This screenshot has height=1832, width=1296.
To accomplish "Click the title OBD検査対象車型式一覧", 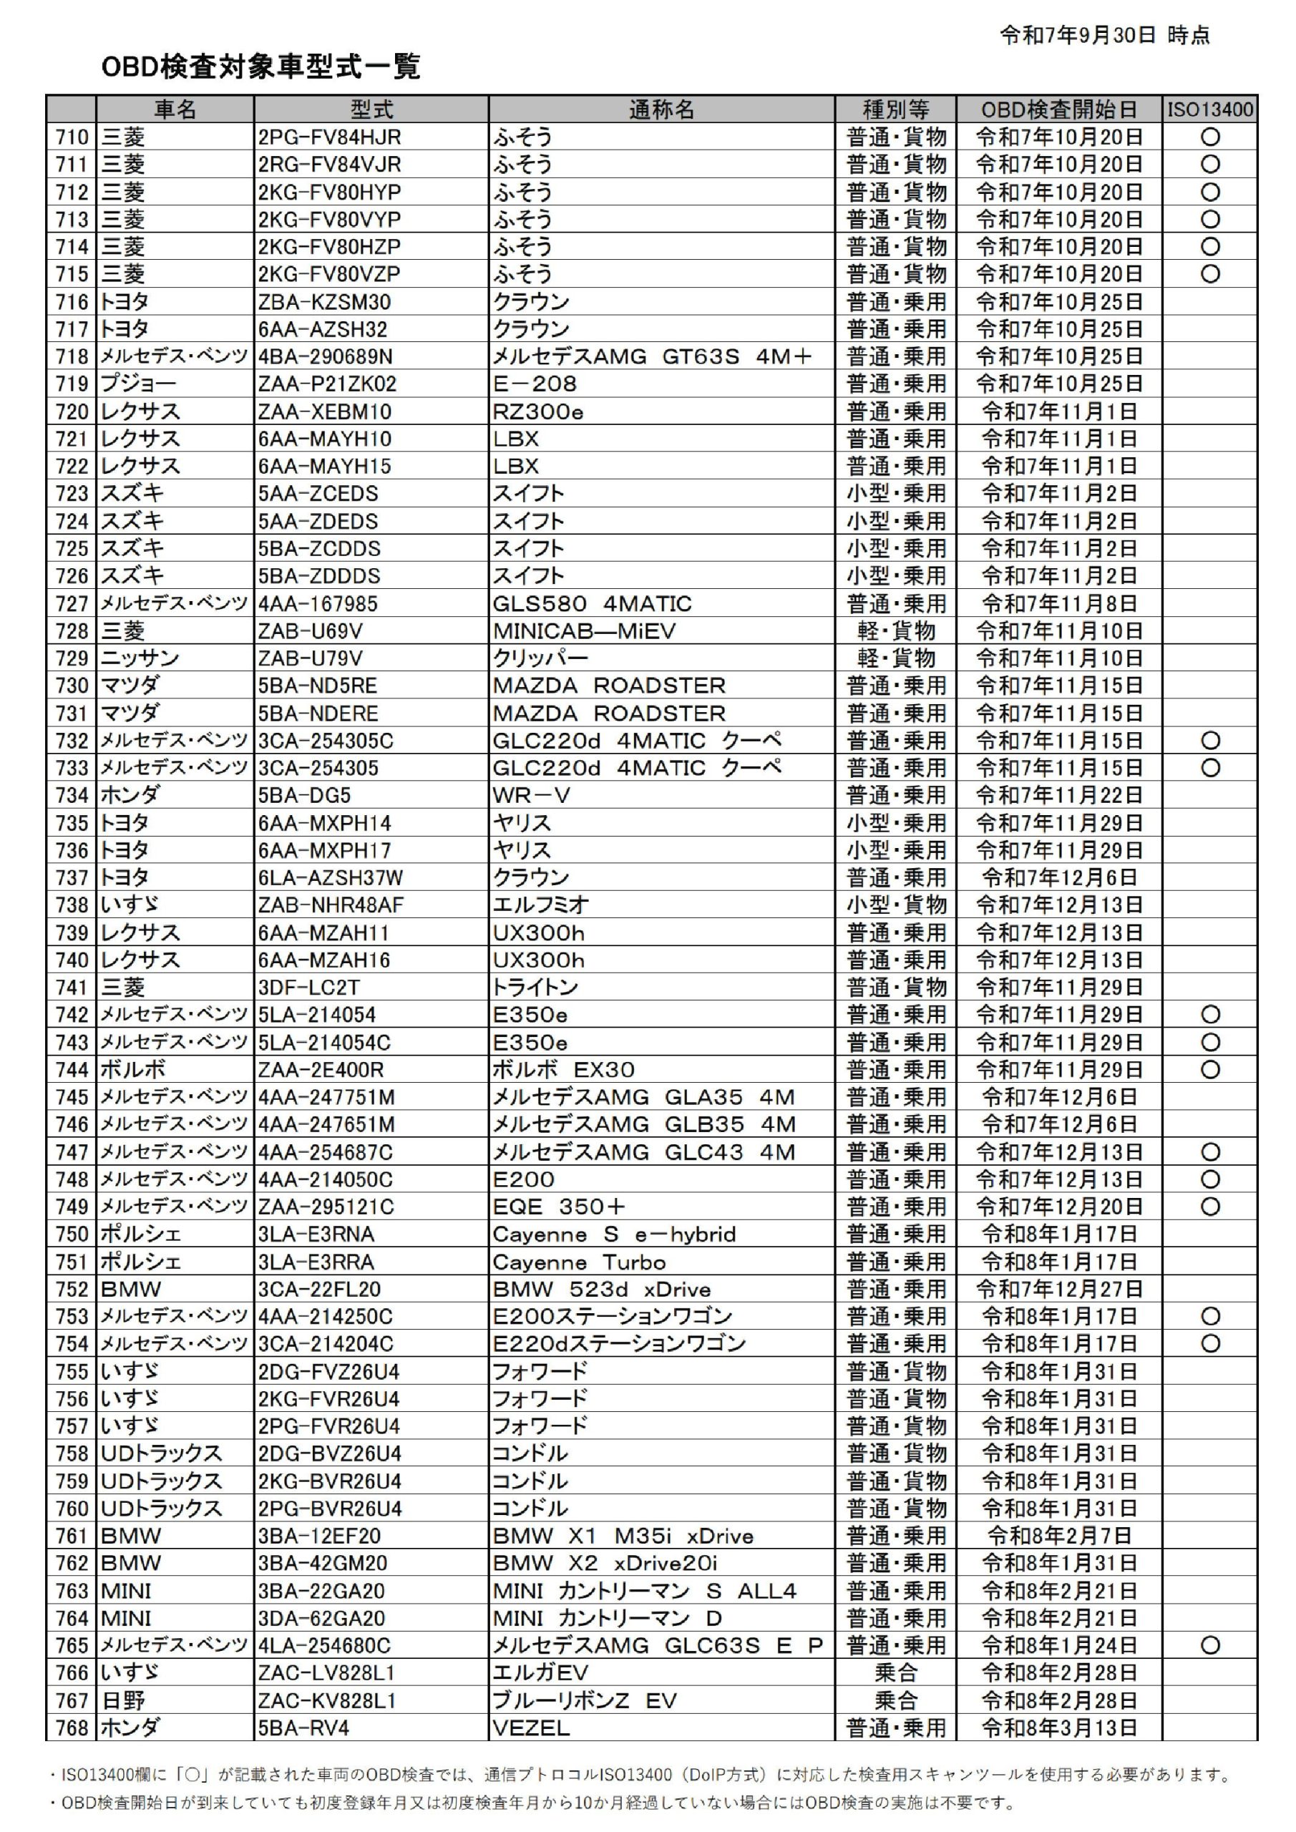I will tap(260, 67).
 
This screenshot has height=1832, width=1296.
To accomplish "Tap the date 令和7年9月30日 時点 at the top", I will tap(1103, 35).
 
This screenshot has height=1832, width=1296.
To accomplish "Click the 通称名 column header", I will tap(661, 109).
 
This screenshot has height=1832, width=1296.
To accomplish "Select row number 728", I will tap(72, 631).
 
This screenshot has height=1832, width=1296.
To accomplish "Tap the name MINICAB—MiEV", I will tap(583, 631).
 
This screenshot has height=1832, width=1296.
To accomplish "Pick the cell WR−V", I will tap(531, 796).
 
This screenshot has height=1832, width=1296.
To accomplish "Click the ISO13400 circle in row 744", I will tap(1210, 1070).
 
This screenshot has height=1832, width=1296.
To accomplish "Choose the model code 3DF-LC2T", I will tap(309, 988).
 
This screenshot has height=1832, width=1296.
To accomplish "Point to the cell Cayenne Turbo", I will tap(578, 1262).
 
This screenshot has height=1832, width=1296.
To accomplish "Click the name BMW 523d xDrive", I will tap(601, 1290).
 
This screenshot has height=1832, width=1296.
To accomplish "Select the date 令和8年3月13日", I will tap(1058, 1728).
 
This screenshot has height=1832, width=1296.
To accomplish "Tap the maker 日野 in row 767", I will tap(123, 1700).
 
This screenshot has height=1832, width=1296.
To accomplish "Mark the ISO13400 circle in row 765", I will tap(1210, 1645).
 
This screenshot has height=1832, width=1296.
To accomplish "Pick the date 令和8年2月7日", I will tap(1058, 1536).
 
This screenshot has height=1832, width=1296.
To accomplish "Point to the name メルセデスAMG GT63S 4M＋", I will tap(651, 356).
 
